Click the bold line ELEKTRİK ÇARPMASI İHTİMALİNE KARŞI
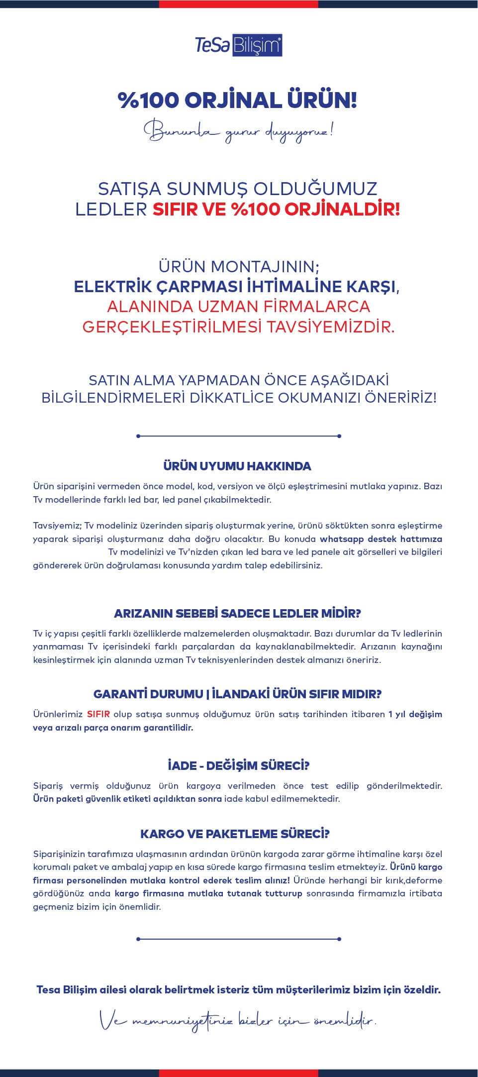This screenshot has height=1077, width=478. (x=237, y=287)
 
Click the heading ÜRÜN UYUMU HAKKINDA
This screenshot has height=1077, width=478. (x=237, y=466)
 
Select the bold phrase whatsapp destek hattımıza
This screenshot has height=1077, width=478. (x=381, y=539)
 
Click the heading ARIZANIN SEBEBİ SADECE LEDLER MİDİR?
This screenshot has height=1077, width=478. (x=237, y=613)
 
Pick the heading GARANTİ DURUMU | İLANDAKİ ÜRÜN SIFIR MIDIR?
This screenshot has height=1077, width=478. (x=237, y=694)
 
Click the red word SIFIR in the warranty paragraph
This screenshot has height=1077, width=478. (x=98, y=714)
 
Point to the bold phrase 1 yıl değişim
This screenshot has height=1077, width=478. (x=415, y=714)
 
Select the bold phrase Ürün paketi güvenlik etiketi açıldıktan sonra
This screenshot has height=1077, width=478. (x=127, y=799)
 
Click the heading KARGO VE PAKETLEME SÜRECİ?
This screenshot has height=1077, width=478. (x=235, y=834)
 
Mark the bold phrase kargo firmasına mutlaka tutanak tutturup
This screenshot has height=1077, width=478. (x=208, y=893)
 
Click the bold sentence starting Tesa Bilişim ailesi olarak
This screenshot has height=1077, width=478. (x=238, y=990)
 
